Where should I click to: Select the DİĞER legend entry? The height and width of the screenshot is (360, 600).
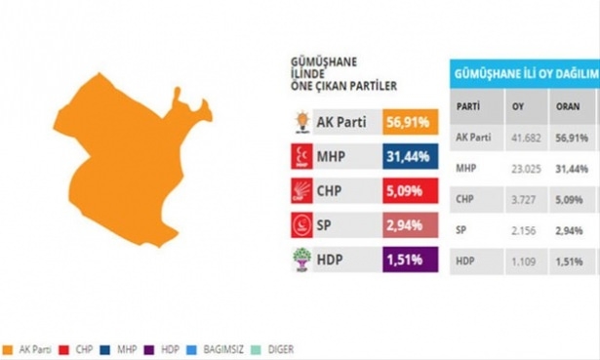295,348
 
